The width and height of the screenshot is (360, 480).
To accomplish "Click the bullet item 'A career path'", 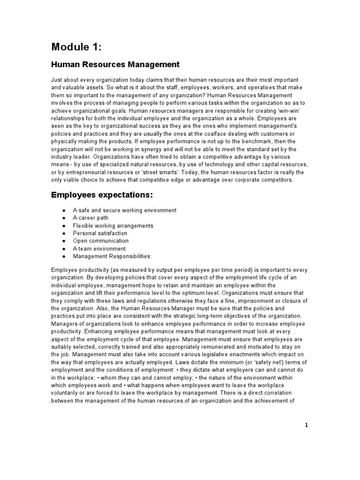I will click(90, 218).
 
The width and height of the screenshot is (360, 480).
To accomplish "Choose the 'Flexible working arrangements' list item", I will click(113, 225).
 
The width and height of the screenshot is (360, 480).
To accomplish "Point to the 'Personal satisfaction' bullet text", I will click(100, 233).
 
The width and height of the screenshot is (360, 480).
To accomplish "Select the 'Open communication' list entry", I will click(100, 241).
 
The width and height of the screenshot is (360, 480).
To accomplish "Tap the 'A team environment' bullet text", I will click(99, 248).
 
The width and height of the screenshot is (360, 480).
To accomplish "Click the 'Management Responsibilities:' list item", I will click(112, 256).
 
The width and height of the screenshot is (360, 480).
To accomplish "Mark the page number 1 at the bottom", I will click(307, 425).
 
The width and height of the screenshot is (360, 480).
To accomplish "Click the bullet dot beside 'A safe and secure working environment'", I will click(63, 210).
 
